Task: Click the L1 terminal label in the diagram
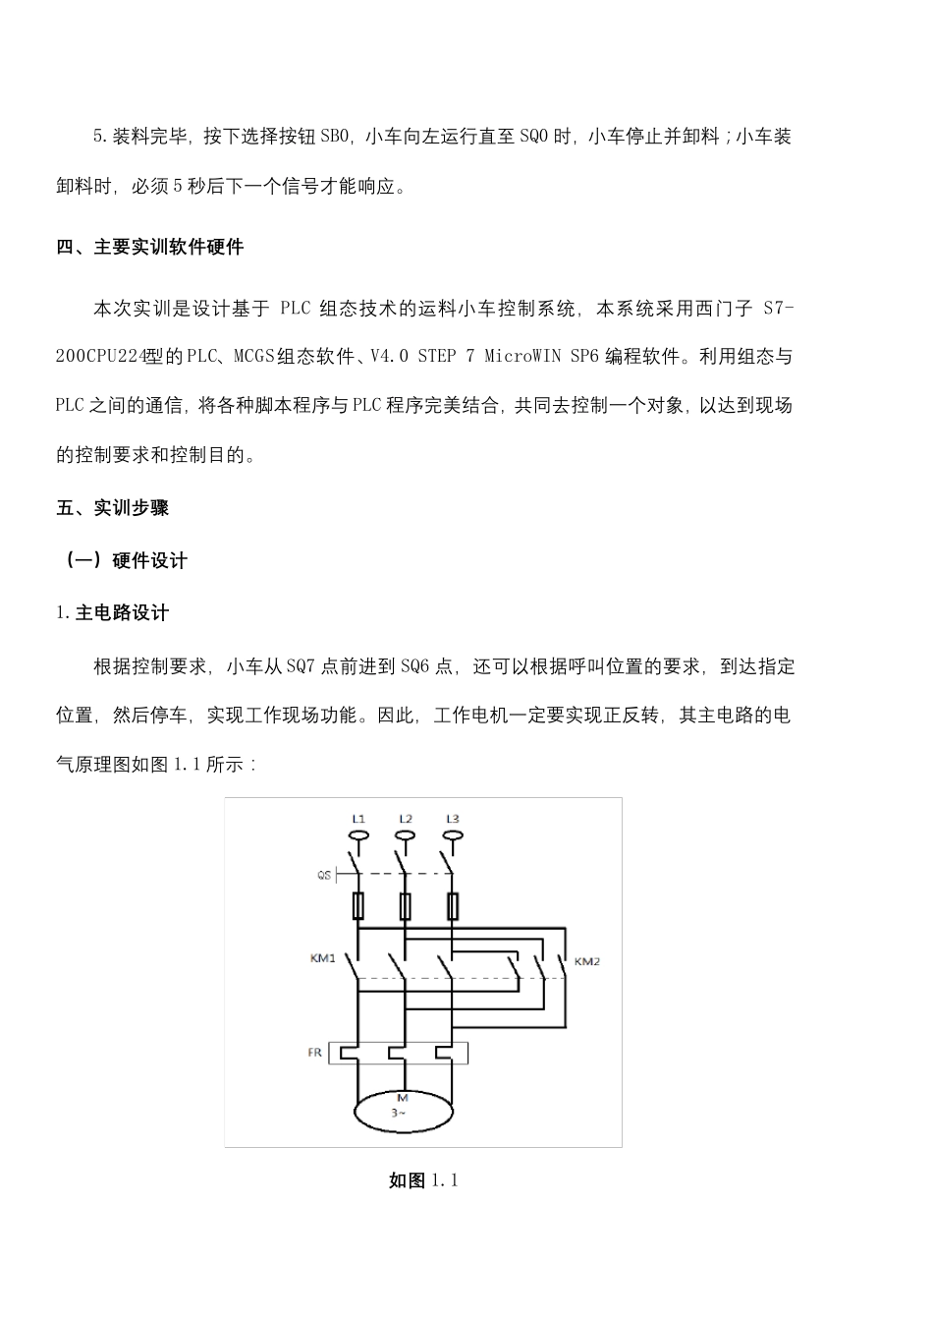[x=358, y=819]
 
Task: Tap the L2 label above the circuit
[x=406, y=819]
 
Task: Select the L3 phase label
[x=452, y=819]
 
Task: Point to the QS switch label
[x=323, y=874]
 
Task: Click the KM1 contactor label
[x=323, y=958]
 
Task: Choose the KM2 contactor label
[x=586, y=961]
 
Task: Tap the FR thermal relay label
[x=314, y=1053]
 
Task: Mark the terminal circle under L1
[x=358, y=836]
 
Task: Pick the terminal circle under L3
[x=452, y=836]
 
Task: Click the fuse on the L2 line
[x=405, y=905]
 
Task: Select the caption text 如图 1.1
[x=423, y=1180]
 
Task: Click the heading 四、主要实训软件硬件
[x=149, y=247]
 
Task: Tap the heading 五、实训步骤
[x=112, y=508]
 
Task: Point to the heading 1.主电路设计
[x=112, y=613]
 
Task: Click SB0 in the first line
[x=334, y=137]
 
